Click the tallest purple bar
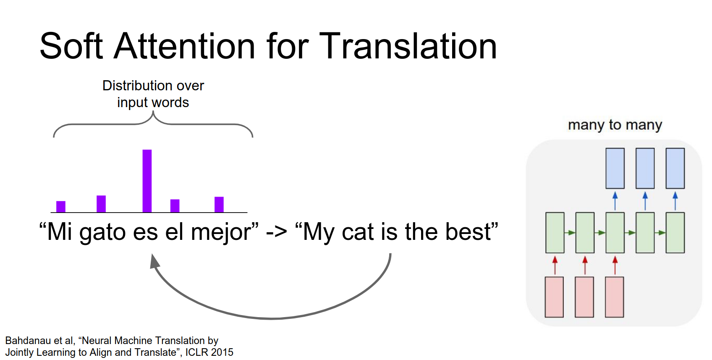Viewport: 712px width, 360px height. click(x=147, y=181)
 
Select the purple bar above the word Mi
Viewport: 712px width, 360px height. click(x=61, y=206)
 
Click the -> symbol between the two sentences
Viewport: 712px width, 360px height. click(x=276, y=232)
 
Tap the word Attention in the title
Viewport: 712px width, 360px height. click(x=184, y=47)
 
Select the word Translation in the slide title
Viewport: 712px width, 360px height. click(x=408, y=47)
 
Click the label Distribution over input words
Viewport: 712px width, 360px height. click(x=153, y=94)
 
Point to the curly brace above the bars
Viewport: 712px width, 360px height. click(x=153, y=124)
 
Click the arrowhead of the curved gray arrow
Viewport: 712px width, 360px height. click(x=154, y=261)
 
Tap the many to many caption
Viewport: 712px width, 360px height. click(x=615, y=125)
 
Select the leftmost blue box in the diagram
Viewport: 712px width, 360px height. click(x=615, y=168)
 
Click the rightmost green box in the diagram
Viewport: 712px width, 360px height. click(x=675, y=233)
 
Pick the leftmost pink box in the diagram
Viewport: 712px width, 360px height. click(x=554, y=297)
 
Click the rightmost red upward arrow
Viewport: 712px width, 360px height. click(x=615, y=265)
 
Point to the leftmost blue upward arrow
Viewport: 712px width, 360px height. click(x=615, y=201)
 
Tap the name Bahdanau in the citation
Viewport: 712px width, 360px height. click(x=28, y=341)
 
